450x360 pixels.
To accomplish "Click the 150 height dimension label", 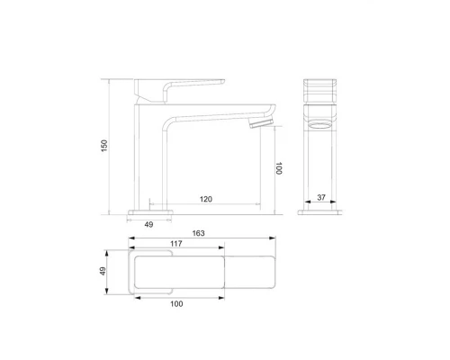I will point(104,145).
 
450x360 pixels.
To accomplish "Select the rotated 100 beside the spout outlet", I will point(279,167).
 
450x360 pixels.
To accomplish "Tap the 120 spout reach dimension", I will point(206,200).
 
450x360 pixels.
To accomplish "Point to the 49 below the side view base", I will point(148,224).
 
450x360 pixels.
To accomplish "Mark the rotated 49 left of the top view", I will point(103,273).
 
